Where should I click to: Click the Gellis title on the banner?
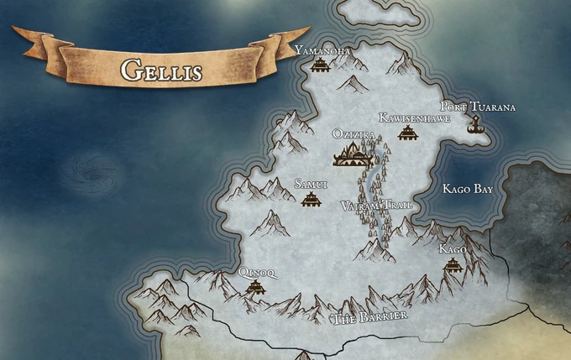(x=162, y=70)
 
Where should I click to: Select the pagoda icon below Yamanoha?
(x=319, y=65)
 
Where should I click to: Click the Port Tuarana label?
(x=478, y=107)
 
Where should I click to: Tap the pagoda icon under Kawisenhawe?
(x=407, y=133)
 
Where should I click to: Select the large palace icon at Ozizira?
(x=354, y=153)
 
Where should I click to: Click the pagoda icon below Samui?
(x=311, y=199)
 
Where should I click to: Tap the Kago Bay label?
(x=467, y=190)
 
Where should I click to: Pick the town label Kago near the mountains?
(x=453, y=249)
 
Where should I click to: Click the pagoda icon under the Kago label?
(x=453, y=265)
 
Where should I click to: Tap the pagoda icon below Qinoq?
(x=254, y=288)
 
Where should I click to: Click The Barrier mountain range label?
(x=370, y=317)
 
